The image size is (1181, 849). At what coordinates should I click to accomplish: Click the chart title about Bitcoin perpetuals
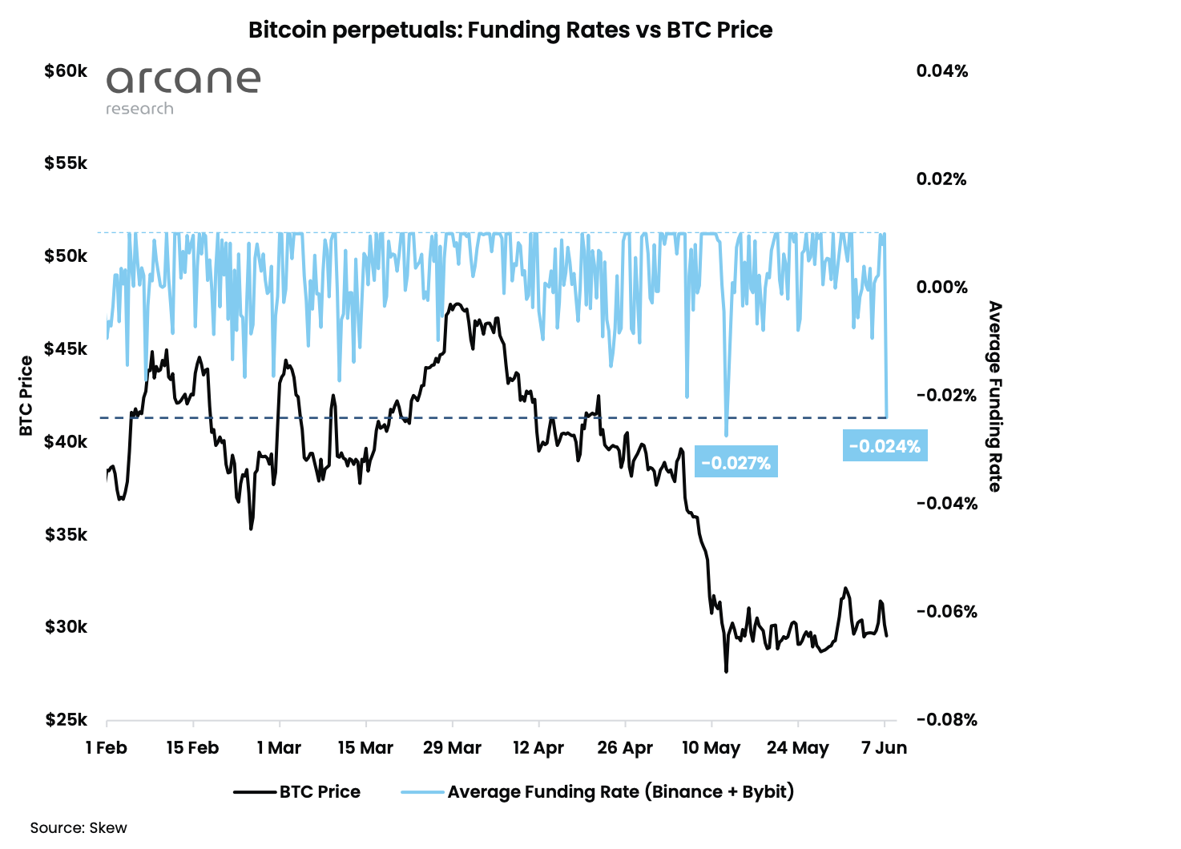510,30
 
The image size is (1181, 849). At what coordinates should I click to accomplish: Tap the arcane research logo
183,89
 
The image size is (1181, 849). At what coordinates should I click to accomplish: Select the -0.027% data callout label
736,463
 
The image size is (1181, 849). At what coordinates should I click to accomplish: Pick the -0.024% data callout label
885,446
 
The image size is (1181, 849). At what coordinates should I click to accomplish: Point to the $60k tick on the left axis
66,71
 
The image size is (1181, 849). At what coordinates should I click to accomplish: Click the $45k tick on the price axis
66,349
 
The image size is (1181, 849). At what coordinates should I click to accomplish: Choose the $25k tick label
66,719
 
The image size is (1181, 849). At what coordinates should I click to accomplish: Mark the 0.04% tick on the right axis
942,71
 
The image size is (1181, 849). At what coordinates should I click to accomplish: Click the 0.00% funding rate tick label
942,288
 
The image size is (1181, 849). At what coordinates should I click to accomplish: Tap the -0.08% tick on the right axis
946,719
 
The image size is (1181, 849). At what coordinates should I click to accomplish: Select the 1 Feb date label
107,748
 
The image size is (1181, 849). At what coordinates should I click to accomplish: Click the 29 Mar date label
452,748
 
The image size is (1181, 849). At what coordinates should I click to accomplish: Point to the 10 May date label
711,748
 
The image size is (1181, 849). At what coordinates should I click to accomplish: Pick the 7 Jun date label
884,748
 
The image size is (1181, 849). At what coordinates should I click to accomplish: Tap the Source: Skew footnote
79,827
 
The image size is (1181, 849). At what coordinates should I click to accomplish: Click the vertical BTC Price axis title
26,396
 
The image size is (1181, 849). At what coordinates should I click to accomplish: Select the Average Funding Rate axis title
994,396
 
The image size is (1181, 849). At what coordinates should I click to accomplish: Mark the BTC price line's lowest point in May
727,671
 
